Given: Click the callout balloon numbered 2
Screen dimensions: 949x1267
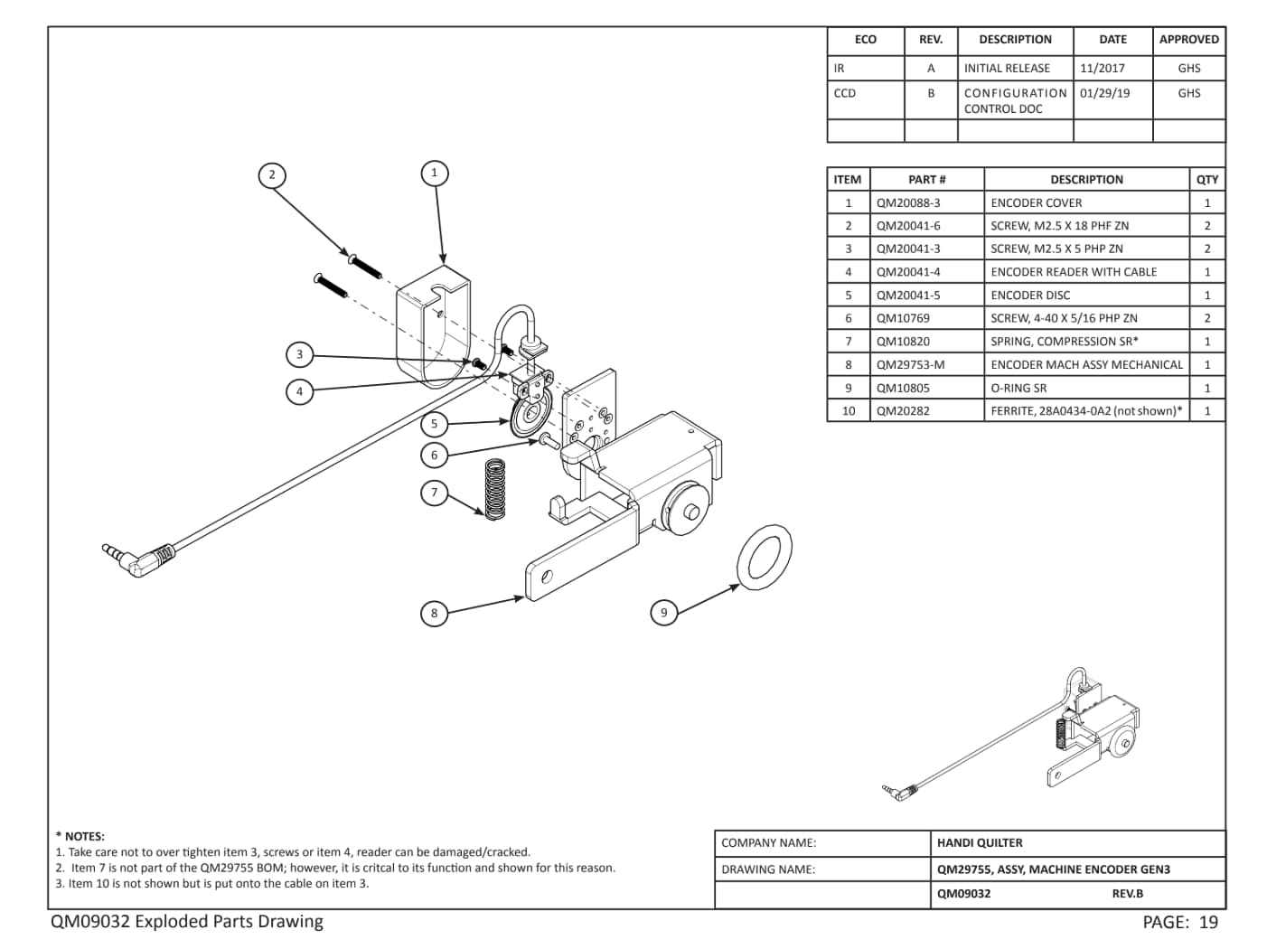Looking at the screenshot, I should (x=272, y=174).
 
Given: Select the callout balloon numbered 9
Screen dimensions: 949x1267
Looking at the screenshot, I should (x=663, y=612).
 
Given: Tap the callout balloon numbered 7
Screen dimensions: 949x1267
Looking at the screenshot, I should (x=434, y=493).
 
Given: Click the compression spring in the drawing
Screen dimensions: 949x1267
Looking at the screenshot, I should (x=494, y=489).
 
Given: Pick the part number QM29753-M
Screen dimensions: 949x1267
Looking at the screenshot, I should (x=910, y=364).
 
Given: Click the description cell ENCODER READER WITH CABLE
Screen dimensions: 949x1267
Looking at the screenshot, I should (x=1074, y=272).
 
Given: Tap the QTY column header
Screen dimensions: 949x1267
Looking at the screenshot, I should (x=1206, y=179).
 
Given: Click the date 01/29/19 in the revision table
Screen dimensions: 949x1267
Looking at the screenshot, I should (x=1104, y=93).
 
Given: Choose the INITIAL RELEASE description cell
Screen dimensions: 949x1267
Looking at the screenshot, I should (x=1007, y=68).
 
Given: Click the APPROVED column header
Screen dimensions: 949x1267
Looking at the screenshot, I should (x=1188, y=40).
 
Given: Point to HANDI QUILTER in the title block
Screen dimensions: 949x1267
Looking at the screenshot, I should (x=980, y=842).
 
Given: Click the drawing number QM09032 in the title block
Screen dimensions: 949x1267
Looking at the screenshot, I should (x=963, y=894).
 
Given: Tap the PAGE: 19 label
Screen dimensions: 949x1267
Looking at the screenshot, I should (x=1180, y=923).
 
